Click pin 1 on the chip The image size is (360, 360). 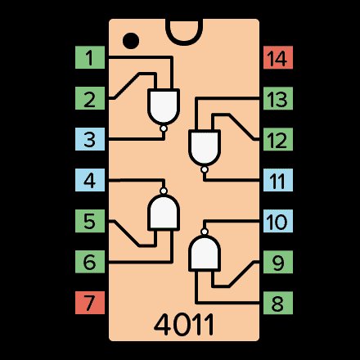90,57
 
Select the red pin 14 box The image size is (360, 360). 278,57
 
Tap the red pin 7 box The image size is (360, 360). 90,303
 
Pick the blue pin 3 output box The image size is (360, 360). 90,139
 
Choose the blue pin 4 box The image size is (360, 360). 90,180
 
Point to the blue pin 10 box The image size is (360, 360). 278,221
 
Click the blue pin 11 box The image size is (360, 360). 278,180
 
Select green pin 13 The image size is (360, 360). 278,98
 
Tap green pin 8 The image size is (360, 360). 278,303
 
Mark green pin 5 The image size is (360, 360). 90,221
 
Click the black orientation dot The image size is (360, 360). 131,41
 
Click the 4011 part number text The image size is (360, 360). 184,325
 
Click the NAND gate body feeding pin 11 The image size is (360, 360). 205,147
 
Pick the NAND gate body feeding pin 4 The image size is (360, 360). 164,212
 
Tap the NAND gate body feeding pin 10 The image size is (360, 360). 205,253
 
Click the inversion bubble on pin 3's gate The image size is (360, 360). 164,128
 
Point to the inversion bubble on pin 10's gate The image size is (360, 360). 205,232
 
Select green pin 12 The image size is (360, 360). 278,139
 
